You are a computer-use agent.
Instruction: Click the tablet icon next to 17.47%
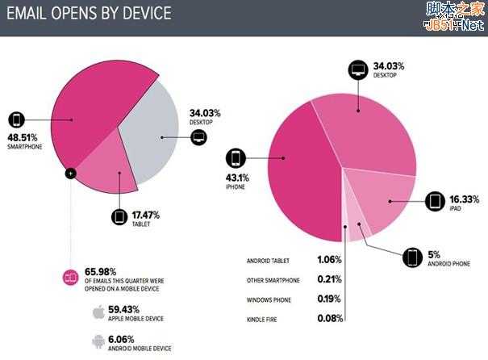tap(119, 217)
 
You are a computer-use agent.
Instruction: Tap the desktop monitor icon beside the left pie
tap(198, 137)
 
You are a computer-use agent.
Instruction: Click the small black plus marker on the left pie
tap(71, 172)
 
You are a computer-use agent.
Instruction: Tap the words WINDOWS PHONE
tap(268, 299)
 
